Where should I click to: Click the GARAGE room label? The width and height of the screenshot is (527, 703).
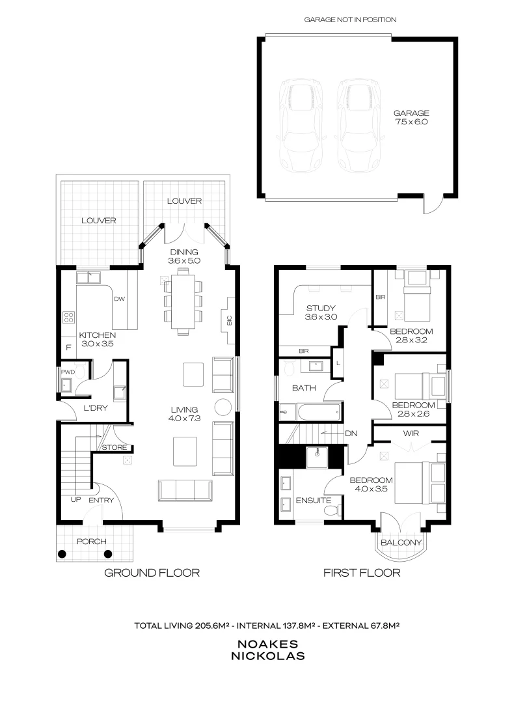(x=411, y=117)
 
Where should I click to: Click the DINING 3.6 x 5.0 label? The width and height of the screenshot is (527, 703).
(x=183, y=256)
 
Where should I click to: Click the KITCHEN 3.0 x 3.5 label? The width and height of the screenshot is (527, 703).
(x=97, y=339)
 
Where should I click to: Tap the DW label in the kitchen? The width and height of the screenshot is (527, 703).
(x=119, y=299)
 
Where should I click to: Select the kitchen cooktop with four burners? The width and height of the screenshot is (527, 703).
(x=68, y=317)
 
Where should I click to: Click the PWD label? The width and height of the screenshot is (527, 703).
(x=68, y=372)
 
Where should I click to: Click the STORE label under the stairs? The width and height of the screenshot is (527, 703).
(x=113, y=447)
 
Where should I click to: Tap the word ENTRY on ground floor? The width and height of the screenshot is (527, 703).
(x=101, y=500)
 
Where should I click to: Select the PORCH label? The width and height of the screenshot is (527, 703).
(x=91, y=542)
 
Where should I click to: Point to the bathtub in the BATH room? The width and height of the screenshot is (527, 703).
(x=310, y=412)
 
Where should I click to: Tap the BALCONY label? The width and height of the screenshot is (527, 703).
(x=401, y=543)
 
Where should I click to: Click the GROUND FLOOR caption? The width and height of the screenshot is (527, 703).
(x=152, y=573)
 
